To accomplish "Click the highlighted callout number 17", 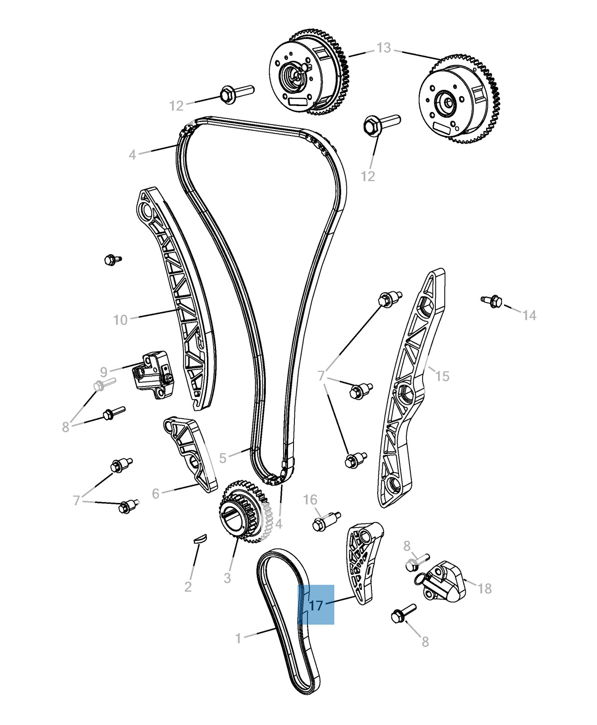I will pyautogui.click(x=316, y=605).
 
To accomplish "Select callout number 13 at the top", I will pyautogui.click(x=384, y=48).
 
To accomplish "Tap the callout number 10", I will pyautogui.click(x=120, y=320).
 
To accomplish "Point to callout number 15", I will pyautogui.click(x=442, y=376).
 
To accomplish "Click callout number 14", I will pyautogui.click(x=529, y=315).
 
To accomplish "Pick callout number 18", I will pyautogui.click(x=485, y=588).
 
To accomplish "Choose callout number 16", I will pyautogui.click(x=310, y=499).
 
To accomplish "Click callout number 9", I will pyautogui.click(x=104, y=372).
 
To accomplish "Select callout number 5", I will pyautogui.click(x=222, y=458).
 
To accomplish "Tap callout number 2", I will pyautogui.click(x=188, y=587).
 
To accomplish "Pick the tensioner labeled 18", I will pyautogui.click(x=444, y=580).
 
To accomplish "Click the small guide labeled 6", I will pyautogui.click(x=190, y=453).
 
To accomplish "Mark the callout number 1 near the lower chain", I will pyautogui.click(x=238, y=638).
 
